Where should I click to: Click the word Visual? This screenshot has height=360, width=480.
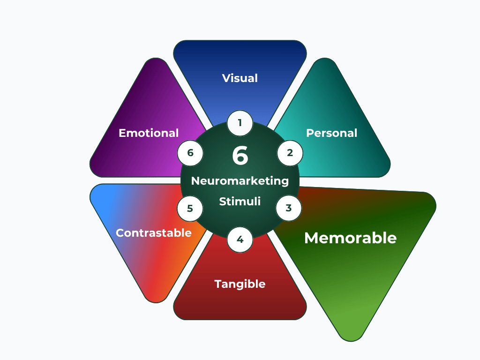(x=240, y=78)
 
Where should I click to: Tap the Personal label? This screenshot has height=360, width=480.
(x=331, y=133)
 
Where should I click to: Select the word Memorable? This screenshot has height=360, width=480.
(x=350, y=238)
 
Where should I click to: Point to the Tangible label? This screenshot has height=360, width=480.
(x=240, y=284)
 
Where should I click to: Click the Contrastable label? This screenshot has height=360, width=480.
(x=153, y=233)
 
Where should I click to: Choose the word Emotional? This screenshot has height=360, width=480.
(x=149, y=133)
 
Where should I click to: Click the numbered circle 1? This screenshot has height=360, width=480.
(x=240, y=123)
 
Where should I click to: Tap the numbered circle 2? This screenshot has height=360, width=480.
(x=290, y=153)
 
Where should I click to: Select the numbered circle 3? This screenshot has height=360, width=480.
(x=289, y=208)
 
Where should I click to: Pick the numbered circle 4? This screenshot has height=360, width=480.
(x=240, y=240)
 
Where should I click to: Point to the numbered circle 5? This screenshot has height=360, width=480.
(x=190, y=209)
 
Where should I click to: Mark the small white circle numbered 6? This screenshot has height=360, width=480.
(x=190, y=153)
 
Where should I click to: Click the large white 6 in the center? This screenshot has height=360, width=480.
(x=240, y=156)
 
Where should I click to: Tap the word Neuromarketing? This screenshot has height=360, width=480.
(x=240, y=181)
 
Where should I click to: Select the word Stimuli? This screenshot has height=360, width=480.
(x=240, y=202)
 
